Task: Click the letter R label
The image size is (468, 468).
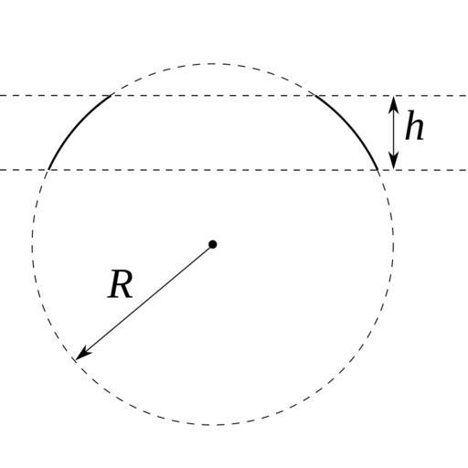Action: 121,284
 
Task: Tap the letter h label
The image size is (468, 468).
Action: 415,125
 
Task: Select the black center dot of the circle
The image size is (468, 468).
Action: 213,244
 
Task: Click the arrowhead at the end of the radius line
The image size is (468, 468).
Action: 81,355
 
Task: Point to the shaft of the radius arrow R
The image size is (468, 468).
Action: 144,302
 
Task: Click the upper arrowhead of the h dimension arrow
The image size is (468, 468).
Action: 393,103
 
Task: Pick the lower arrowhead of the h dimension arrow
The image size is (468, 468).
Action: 393,161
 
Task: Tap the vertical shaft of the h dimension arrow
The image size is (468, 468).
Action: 393,133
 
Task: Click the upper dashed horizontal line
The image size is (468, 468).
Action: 234,96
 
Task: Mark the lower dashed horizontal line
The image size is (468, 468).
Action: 234,170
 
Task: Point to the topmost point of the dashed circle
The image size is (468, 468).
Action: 213,64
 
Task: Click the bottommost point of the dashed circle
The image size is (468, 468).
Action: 213,424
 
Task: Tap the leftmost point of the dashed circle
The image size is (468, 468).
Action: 32,244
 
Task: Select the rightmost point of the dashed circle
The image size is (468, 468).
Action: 393,244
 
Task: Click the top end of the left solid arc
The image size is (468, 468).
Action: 112,95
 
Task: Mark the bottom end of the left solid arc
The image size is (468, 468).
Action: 48,170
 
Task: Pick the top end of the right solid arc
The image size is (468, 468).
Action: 314,95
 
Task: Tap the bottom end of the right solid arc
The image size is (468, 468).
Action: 378,170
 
